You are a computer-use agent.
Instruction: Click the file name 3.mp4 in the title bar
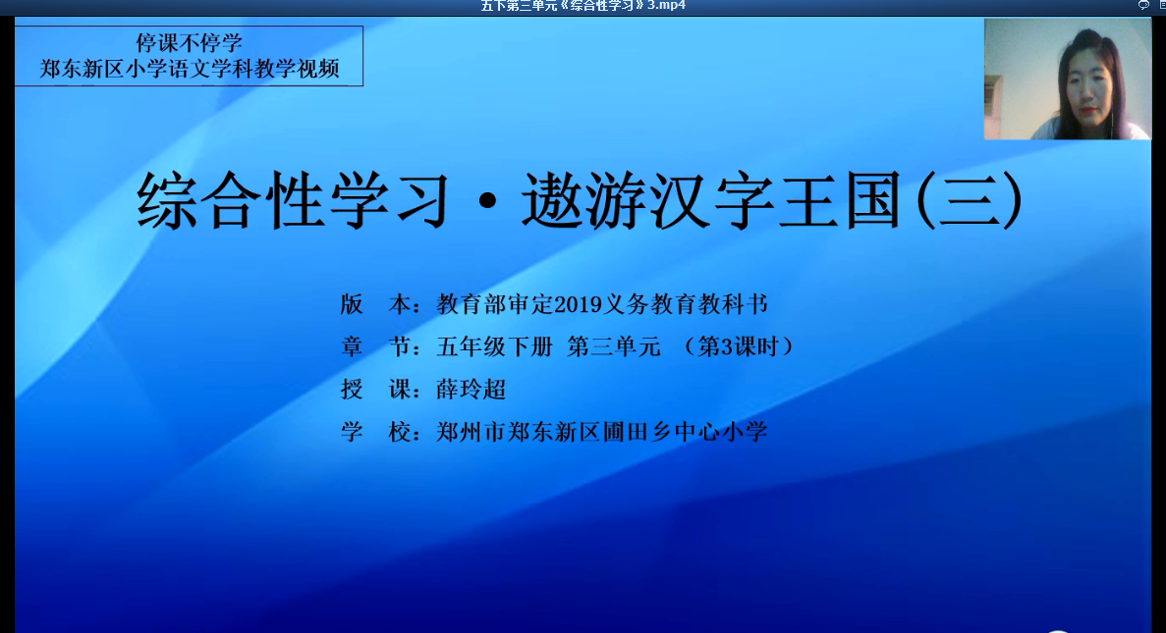click(666, 6)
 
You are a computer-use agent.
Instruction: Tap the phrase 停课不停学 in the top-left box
click(189, 43)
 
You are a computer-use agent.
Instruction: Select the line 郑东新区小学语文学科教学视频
click(190, 69)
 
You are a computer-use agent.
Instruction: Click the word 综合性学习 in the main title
click(293, 200)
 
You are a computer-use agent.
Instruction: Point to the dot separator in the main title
click(488, 203)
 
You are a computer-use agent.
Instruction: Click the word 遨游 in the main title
click(583, 200)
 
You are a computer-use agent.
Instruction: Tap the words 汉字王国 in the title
click(776, 200)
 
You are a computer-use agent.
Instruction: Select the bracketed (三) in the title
click(970, 200)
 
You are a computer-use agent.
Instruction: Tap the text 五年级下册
click(495, 347)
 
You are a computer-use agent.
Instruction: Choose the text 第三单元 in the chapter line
click(614, 347)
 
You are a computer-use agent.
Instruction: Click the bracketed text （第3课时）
click(739, 347)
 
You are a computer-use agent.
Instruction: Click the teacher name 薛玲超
click(472, 390)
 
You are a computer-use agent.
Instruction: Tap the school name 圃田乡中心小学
click(685, 432)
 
